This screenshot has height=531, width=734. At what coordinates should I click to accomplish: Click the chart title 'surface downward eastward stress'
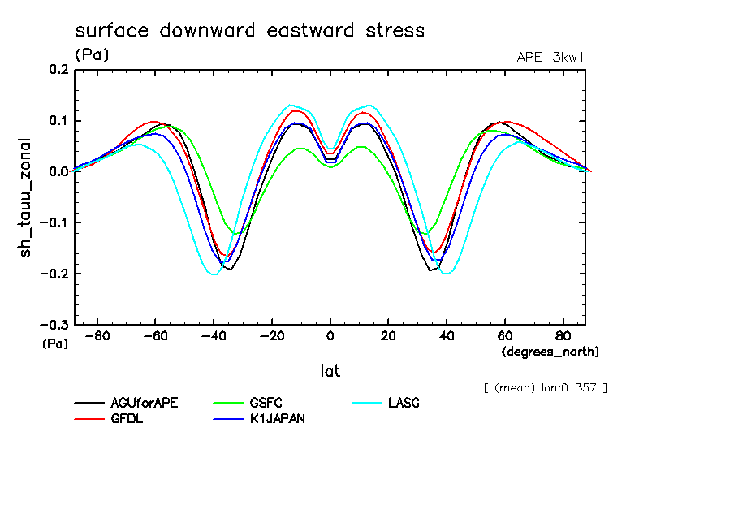point(249,31)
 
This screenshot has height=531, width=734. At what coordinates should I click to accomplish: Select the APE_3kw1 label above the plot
point(550,57)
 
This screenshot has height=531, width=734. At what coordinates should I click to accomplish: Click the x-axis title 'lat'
point(330,371)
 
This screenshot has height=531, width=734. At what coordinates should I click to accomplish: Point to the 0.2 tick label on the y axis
point(59,71)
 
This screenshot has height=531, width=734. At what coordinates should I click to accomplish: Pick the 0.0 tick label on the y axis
point(59,172)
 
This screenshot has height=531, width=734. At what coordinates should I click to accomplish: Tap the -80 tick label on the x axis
point(97,336)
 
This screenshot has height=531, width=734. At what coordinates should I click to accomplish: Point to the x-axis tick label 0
point(330,336)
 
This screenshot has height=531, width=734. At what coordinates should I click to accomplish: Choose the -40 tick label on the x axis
point(214,336)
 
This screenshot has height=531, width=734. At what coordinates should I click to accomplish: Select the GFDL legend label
point(127,419)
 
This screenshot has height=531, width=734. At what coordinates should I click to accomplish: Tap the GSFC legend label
point(266,403)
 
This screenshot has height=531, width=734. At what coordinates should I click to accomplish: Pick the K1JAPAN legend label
point(278,419)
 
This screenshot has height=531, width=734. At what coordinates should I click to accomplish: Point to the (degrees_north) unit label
point(550,352)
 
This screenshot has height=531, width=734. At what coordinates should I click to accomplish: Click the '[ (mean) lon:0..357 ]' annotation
point(544,386)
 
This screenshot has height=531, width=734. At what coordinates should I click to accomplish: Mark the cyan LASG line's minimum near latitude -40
point(214,274)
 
